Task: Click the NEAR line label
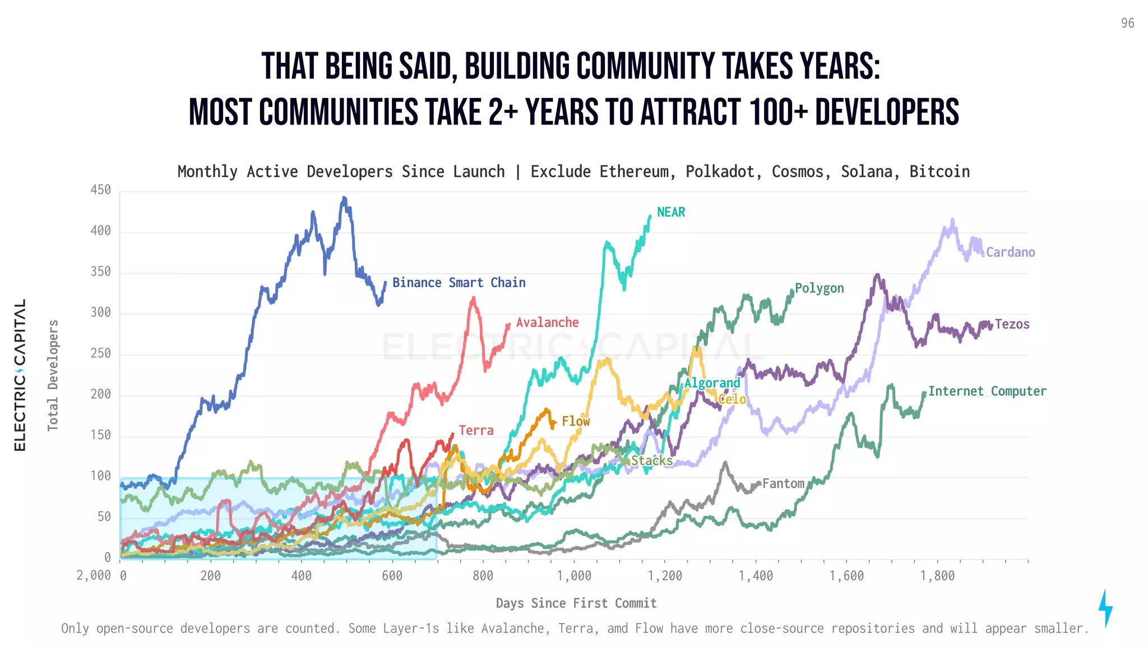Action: coord(670,213)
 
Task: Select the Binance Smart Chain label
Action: coord(459,283)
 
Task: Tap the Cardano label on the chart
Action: coord(1010,252)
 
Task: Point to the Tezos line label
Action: coord(1012,324)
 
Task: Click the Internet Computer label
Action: coord(987,391)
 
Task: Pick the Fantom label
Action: coord(783,483)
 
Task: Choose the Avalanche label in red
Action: coord(547,322)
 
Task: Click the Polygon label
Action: coord(819,288)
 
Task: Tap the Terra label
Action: coord(476,431)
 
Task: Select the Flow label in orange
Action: coord(576,421)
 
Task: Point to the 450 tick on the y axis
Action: coord(101,190)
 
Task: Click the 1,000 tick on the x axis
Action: coord(573,576)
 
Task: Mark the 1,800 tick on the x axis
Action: coord(937,576)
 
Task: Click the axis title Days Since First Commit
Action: coord(576,603)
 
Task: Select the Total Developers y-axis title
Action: coord(53,375)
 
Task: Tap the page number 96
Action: coord(1127,24)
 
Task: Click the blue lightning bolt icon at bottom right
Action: coord(1105,608)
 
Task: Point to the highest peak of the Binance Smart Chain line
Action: coord(344,198)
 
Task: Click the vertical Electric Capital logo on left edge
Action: coord(20,375)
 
